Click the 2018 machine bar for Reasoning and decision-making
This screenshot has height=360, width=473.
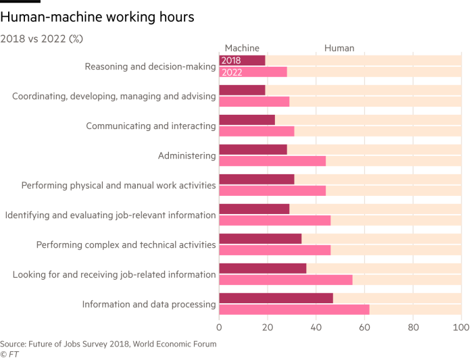242,61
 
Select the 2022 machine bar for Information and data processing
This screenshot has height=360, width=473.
294,309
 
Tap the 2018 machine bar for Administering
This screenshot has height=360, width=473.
253,149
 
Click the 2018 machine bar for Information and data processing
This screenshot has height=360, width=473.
276,298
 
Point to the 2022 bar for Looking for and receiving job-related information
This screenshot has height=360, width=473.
285,280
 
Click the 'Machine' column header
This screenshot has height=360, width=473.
241,48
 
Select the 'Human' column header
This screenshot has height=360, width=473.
339,48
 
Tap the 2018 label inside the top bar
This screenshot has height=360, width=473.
231,61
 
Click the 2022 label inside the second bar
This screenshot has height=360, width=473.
231,72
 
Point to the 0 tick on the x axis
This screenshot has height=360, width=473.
220,328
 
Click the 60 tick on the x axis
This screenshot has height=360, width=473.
364,328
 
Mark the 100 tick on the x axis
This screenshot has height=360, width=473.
461,328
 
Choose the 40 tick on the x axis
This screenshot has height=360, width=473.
316,328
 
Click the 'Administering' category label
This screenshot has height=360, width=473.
186,156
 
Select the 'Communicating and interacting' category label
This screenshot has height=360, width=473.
151,126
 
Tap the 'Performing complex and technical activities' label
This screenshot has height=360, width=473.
126,245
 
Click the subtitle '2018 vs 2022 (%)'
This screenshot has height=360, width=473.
42,38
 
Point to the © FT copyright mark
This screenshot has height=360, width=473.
9,353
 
